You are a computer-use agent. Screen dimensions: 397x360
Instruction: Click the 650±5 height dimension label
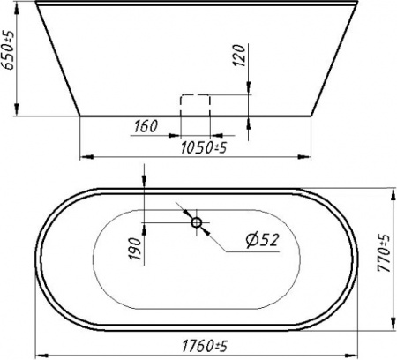click(9, 50)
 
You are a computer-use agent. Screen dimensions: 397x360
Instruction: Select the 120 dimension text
click(239, 56)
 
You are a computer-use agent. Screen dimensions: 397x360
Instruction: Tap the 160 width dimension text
click(146, 126)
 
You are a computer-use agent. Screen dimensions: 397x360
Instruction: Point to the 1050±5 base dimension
click(204, 147)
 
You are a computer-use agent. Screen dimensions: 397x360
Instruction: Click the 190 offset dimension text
click(136, 249)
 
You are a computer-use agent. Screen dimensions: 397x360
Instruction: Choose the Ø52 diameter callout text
click(262, 240)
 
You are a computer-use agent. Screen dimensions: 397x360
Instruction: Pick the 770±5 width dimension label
click(384, 253)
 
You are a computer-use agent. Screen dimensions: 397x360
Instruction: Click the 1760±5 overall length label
click(205, 346)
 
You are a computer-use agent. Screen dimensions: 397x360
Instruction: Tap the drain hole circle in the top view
click(196, 222)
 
